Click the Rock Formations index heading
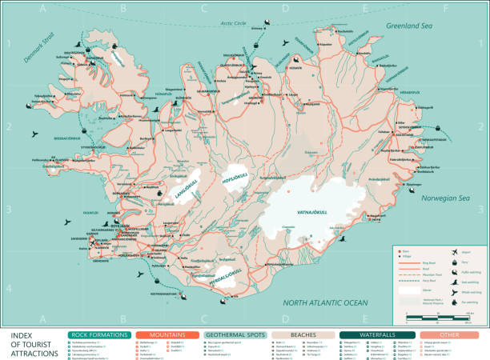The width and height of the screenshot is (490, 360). [99, 334]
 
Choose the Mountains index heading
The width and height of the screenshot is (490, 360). [167, 334]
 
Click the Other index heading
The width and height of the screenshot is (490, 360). [448, 334]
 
